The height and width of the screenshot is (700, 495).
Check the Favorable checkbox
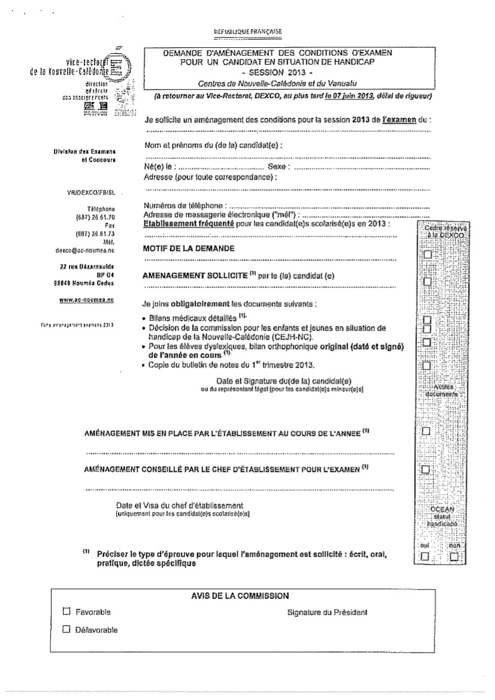[67, 612]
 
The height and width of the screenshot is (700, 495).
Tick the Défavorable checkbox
[67, 629]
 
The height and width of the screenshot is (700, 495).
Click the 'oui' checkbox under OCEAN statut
[425, 557]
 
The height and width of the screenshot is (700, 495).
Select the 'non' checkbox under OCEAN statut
[455, 557]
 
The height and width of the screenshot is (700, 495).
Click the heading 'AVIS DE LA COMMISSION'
[239, 595]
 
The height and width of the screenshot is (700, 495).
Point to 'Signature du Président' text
[327, 612]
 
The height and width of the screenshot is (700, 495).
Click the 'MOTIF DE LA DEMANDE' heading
[189, 248]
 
